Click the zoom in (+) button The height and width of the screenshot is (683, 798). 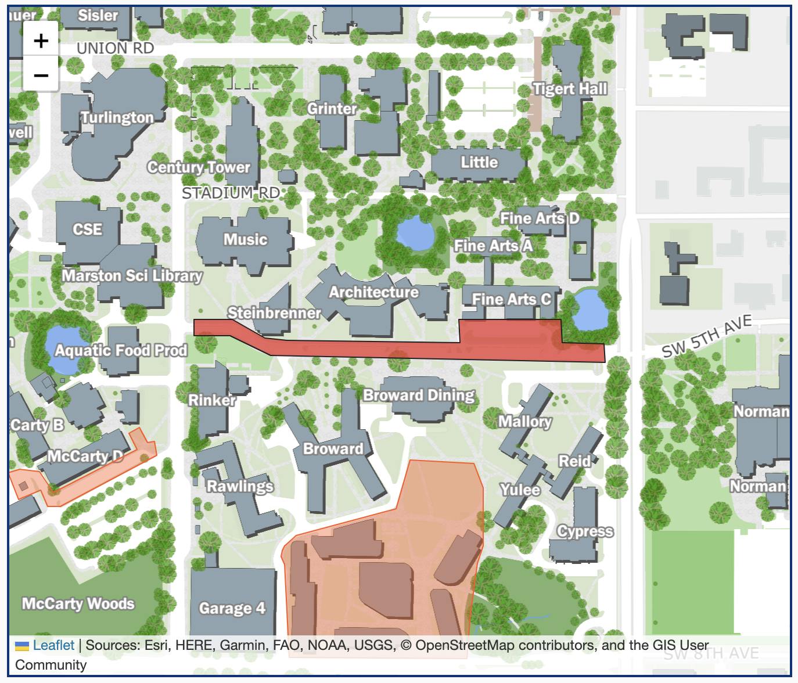click(41, 41)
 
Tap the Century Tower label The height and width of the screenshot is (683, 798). click(198, 167)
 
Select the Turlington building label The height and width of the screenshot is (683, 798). click(117, 117)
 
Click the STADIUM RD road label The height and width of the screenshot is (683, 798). click(231, 193)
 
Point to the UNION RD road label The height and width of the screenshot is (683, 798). click(115, 48)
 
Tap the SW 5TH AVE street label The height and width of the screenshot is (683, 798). click(707, 337)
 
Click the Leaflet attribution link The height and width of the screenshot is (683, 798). click(53, 645)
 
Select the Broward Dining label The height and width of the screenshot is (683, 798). click(419, 396)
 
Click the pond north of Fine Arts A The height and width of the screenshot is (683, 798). click(415, 233)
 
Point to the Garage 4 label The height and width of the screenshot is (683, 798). click(232, 608)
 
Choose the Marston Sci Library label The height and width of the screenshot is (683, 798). click(132, 275)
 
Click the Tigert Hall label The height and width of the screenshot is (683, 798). click(570, 89)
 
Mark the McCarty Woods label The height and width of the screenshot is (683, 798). click(78, 603)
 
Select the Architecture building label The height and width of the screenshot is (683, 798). click(373, 292)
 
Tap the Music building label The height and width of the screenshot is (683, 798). click(245, 239)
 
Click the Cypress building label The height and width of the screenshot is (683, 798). click(585, 531)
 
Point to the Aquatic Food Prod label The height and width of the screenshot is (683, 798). click(121, 350)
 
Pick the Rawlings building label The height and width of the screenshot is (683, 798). click(240, 486)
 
